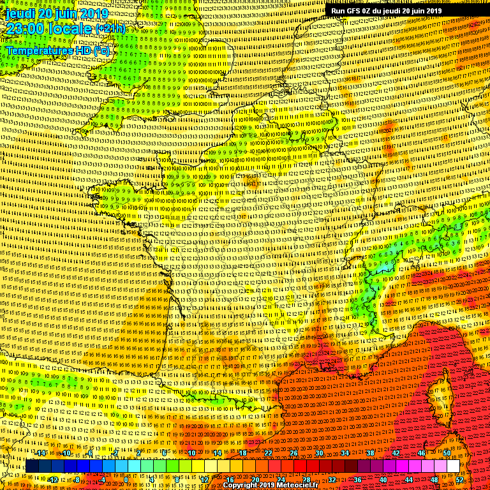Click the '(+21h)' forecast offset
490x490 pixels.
[x=110, y=29]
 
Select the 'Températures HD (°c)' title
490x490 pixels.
[x=58, y=50]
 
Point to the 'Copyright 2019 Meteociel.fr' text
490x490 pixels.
[x=270, y=485]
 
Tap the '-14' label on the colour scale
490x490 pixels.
[x=40, y=453]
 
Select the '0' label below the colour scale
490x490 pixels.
[x=126, y=479]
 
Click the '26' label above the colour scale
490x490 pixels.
[x=294, y=453]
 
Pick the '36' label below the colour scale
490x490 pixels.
[x=357, y=479]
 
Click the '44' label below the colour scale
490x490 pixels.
[x=409, y=479]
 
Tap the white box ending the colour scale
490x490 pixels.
[x=453, y=466]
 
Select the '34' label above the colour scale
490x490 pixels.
[x=345, y=453]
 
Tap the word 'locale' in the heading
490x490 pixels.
[x=70, y=29]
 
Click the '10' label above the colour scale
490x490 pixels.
[x=191, y=453]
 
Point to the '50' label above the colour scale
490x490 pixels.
[x=447, y=453]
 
